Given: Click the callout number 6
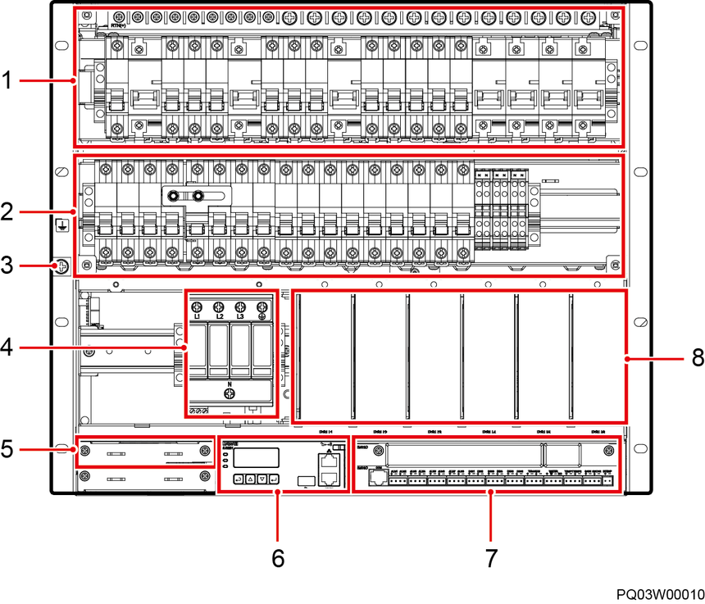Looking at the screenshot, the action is (x=278, y=559).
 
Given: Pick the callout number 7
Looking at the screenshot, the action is (x=491, y=559).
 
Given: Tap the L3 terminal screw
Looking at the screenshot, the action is (x=241, y=305).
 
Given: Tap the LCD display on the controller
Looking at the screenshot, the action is (x=256, y=458).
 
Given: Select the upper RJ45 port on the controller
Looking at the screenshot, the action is (x=329, y=461).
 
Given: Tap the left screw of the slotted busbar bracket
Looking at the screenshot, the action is (x=174, y=197).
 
